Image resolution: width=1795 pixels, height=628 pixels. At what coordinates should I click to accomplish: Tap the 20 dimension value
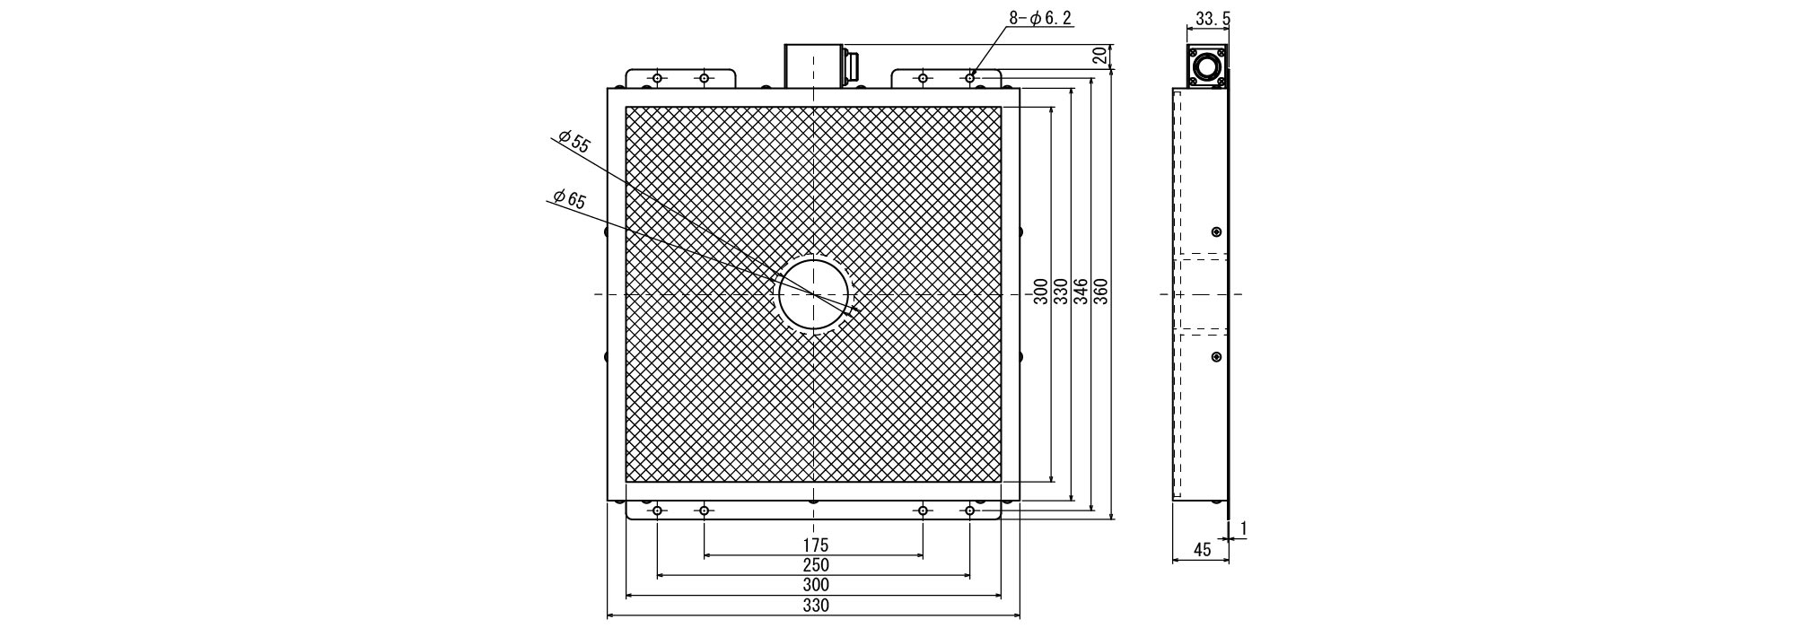coord(1099,56)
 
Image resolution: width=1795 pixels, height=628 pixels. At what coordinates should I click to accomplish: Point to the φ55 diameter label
coord(574,142)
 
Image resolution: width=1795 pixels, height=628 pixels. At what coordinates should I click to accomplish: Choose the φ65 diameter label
coord(569,199)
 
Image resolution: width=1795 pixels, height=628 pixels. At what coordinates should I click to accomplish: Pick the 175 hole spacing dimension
coord(815,545)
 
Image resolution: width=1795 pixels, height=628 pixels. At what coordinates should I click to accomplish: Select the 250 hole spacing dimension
coord(815,565)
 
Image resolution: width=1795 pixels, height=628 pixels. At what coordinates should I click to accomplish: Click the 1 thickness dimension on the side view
coord(1244,529)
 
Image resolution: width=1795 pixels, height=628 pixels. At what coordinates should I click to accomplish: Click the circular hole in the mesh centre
coord(813,294)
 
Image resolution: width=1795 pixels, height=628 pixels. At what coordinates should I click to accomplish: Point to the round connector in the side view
coord(1206,67)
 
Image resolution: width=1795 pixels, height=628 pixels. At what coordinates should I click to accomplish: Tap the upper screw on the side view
coord(1216,232)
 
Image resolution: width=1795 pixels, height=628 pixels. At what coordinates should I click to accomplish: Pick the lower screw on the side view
coord(1216,357)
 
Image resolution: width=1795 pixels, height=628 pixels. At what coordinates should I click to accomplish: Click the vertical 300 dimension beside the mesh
coord(1039,292)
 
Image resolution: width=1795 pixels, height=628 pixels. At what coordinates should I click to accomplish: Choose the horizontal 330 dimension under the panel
coord(815,606)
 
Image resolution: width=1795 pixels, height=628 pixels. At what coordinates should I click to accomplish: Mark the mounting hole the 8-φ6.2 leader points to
coord(969,78)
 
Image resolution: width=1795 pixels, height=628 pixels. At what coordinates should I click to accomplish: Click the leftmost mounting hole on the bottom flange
coord(658,511)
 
